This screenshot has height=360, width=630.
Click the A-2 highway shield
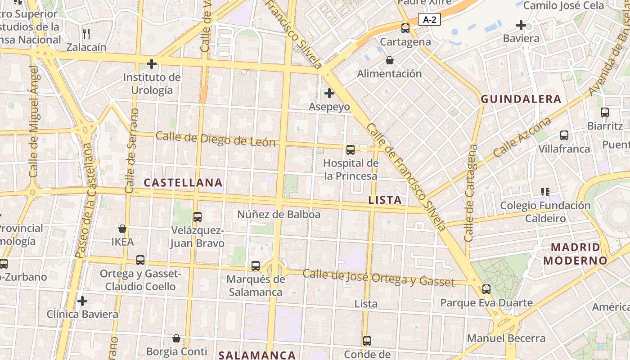click(x=429, y=19)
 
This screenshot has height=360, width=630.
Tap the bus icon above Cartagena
click(x=405, y=28)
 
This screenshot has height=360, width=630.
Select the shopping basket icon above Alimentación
click(x=390, y=60)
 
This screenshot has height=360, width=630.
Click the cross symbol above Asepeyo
click(x=329, y=93)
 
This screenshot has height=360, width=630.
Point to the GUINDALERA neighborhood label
click(x=521, y=99)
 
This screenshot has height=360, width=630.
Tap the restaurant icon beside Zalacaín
click(x=86, y=33)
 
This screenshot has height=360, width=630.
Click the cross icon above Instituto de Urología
click(x=152, y=64)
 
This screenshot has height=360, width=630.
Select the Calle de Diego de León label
click(x=215, y=139)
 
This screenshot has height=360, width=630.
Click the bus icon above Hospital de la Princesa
click(x=351, y=150)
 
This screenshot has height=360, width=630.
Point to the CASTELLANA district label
click(x=183, y=183)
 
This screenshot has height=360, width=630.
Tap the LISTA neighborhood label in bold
click(x=385, y=200)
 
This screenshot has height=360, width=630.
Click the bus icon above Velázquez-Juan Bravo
click(x=197, y=217)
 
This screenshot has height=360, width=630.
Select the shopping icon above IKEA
click(x=122, y=229)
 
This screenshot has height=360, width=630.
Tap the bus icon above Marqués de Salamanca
click(x=256, y=266)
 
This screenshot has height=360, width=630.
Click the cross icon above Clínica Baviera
click(x=82, y=301)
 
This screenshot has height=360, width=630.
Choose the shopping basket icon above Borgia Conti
click(x=176, y=338)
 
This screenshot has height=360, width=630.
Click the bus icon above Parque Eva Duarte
click(x=486, y=289)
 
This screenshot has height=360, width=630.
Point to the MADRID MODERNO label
click(x=576, y=253)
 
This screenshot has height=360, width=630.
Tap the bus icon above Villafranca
click(x=564, y=135)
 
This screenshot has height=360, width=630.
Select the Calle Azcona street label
click(x=522, y=137)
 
